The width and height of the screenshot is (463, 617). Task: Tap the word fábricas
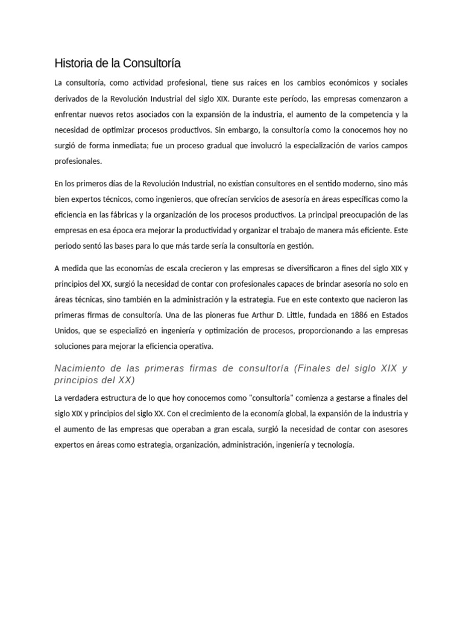click(x=121, y=215)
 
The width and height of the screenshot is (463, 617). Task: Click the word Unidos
click(x=67, y=331)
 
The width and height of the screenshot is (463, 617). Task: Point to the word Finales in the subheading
click(x=317, y=368)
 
